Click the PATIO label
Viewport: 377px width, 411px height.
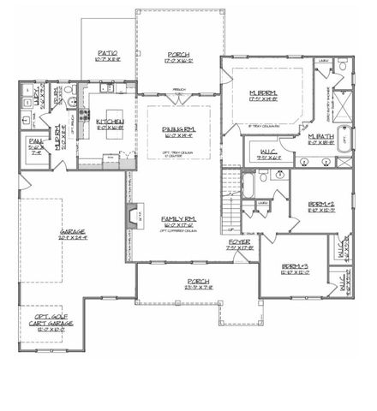click(x=108, y=57)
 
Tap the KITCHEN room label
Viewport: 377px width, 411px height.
click(x=111, y=123)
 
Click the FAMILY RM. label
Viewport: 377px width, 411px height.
click(x=179, y=219)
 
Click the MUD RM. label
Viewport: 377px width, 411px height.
click(x=58, y=134)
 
